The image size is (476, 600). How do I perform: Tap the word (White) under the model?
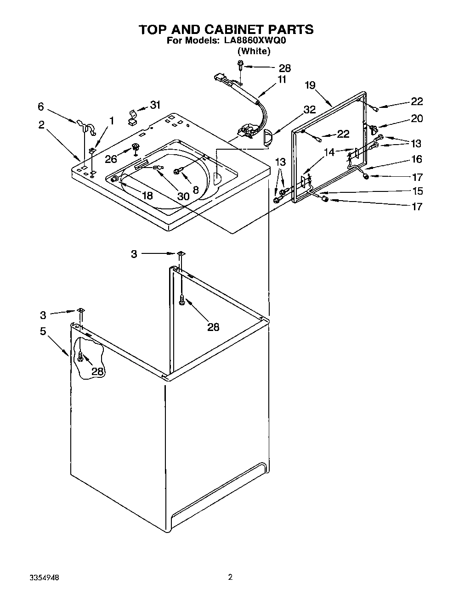(254, 51)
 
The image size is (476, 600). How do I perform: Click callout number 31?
(155, 105)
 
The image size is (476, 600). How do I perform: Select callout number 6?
(41, 107)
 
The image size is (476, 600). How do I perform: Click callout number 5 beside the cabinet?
(43, 331)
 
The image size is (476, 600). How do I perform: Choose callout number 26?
(111, 159)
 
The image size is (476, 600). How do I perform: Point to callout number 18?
(147, 196)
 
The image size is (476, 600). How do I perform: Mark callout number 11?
(281, 79)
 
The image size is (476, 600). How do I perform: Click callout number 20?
(416, 118)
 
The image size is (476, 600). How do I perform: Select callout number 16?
(416, 159)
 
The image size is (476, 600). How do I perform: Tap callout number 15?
(416, 191)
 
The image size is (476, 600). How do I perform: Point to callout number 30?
(183, 196)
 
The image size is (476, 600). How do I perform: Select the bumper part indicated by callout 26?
(136, 147)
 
